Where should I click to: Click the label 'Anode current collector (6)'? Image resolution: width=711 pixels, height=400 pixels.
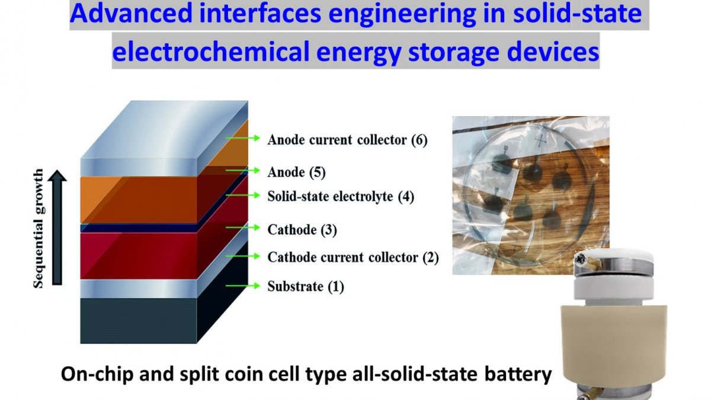347,140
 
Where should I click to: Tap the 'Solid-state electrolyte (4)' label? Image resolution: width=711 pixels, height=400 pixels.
340,196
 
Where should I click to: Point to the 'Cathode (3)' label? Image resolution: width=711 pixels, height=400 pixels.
302,230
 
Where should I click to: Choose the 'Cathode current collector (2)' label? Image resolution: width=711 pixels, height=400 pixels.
353,258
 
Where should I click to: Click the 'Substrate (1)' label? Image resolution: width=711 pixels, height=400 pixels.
305,287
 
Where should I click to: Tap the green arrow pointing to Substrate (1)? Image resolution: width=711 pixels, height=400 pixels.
244,286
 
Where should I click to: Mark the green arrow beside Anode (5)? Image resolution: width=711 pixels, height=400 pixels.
244,171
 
